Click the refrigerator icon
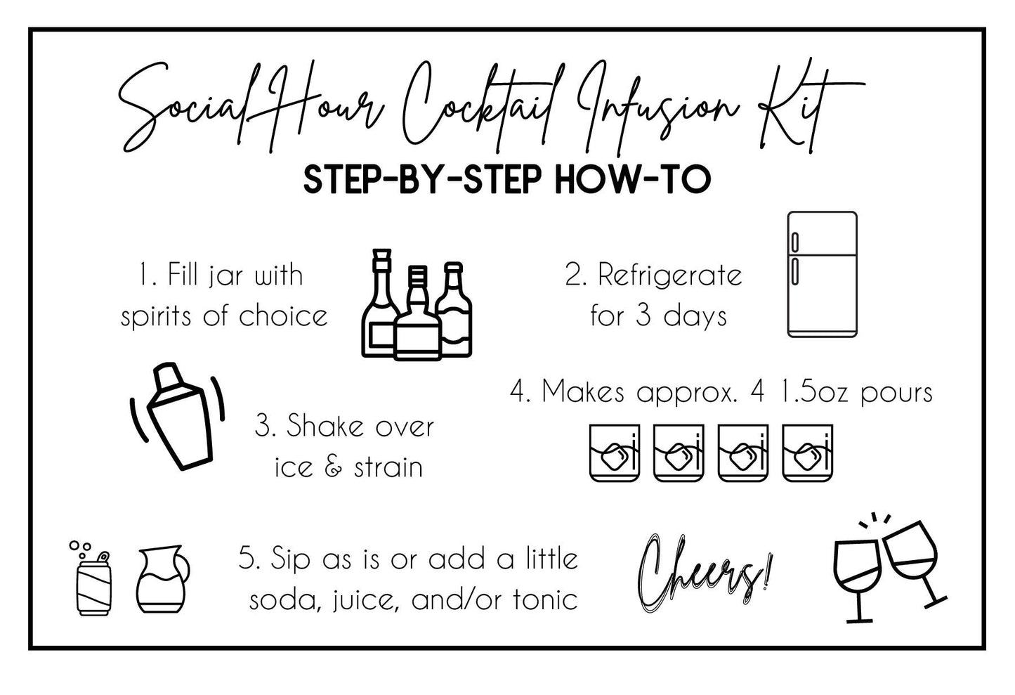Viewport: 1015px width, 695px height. pyautogui.click(x=822, y=274)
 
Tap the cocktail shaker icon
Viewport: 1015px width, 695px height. pyautogui.click(x=178, y=416)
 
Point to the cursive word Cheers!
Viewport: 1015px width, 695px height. pyautogui.click(x=704, y=573)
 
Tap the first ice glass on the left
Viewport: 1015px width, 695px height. pyautogui.click(x=615, y=453)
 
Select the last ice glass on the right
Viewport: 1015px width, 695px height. pyautogui.click(x=808, y=453)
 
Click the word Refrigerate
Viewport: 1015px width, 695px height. pyautogui.click(x=669, y=276)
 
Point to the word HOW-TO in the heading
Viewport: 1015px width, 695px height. pyautogui.click(x=633, y=179)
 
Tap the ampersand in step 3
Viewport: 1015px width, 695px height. pyautogui.click(x=334, y=467)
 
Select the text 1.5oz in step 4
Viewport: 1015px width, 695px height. pyautogui.click(x=813, y=392)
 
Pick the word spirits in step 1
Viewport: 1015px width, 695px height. pyautogui.click(x=156, y=316)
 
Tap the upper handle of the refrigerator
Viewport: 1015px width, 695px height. pyautogui.click(x=794, y=242)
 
